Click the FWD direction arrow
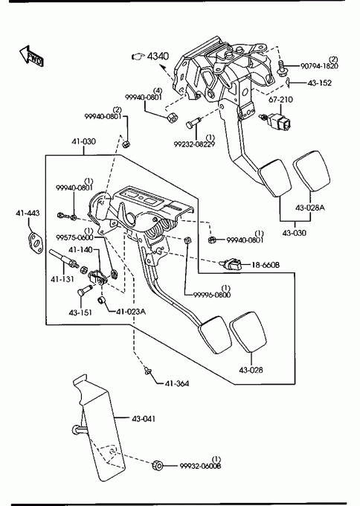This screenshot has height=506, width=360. (x=31, y=56)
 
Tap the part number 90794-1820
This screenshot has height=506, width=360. (x=319, y=66)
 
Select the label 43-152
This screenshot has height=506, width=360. (x=319, y=83)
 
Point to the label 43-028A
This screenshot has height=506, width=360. (x=310, y=208)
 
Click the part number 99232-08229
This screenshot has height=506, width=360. (x=194, y=144)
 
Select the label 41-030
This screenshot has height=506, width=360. (x=83, y=141)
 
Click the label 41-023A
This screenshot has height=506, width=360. (x=131, y=312)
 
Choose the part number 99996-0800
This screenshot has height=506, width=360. (x=212, y=295)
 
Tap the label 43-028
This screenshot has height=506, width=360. (x=251, y=370)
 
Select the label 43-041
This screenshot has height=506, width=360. (x=144, y=419)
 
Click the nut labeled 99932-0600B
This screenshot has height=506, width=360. (x=158, y=465)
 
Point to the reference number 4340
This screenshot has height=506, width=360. (x=158, y=56)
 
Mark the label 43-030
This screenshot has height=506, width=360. (x=295, y=233)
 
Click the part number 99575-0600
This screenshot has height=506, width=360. (x=74, y=238)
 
